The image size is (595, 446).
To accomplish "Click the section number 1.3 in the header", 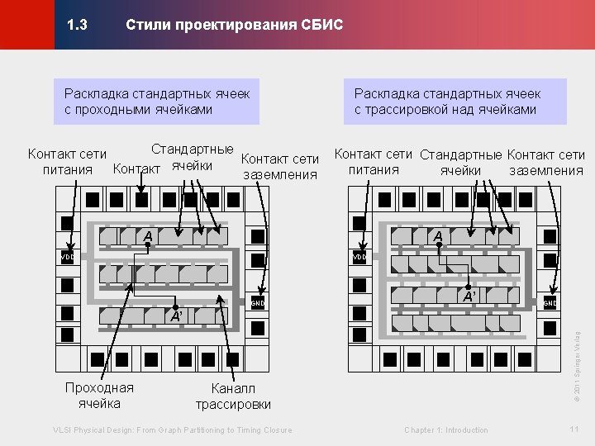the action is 77,26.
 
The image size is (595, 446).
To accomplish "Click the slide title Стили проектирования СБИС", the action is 234,26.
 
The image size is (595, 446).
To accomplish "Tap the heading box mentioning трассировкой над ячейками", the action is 447,102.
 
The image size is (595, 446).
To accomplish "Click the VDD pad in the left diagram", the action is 69,258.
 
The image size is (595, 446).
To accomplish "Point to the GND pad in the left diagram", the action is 258,303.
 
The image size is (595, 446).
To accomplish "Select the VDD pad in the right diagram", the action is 359,258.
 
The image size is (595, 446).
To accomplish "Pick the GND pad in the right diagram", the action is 550,303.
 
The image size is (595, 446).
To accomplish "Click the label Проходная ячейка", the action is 99,396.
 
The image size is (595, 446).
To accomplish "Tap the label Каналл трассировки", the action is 233,396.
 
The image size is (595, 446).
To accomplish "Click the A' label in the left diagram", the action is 175,316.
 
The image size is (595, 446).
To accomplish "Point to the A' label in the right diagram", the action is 469,296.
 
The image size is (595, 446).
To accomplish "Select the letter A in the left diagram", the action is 148,238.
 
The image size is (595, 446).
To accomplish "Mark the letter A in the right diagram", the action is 439,236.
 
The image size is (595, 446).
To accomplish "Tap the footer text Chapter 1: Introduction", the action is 446,429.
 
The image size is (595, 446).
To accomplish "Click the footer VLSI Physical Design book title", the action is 172,429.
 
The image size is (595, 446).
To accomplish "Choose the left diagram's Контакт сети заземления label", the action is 280,166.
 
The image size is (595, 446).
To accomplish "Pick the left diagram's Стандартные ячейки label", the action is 192,157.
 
